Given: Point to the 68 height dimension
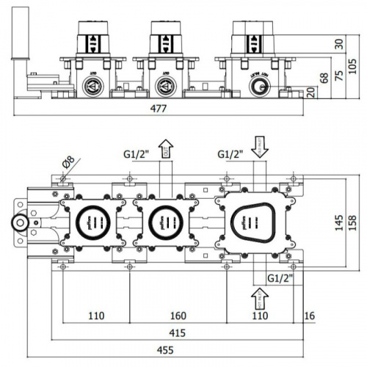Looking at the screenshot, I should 323,78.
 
